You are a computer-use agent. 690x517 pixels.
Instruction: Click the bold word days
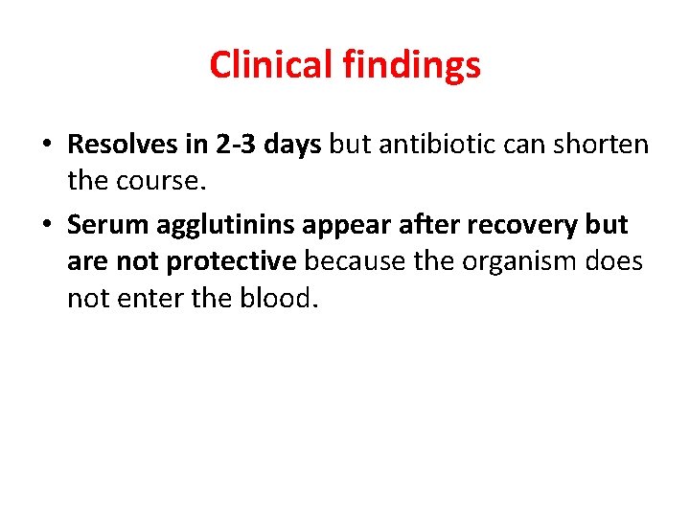[x=291, y=146]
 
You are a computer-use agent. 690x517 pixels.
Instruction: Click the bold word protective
[x=232, y=262]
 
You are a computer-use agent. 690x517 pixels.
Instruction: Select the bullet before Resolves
[x=46, y=146]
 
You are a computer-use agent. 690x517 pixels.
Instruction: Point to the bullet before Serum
[x=46, y=226]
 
